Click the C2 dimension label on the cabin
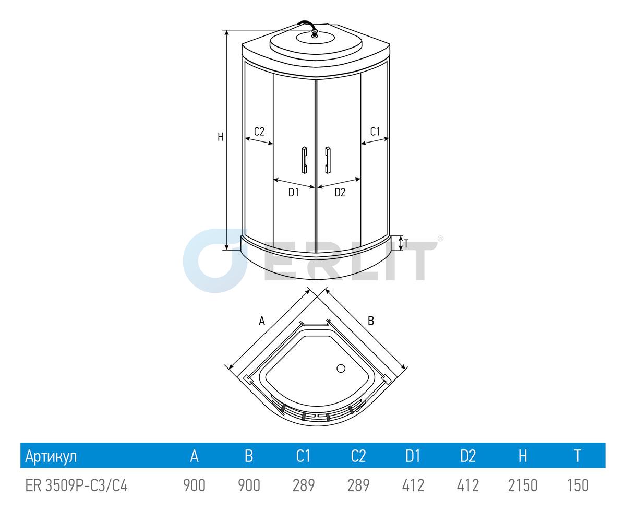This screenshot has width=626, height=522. (259, 132)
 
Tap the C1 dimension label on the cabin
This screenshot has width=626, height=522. (375, 132)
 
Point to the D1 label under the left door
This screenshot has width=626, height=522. (294, 192)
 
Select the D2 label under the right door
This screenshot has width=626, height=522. (340, 192)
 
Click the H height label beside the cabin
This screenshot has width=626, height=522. (221, 137)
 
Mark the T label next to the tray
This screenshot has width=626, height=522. (406, 244)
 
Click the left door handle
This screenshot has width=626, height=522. (305, 160)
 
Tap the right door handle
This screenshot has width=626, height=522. (328, 160)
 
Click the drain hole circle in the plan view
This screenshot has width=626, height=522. (341, 369)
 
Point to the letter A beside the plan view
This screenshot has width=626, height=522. (262, 321)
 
